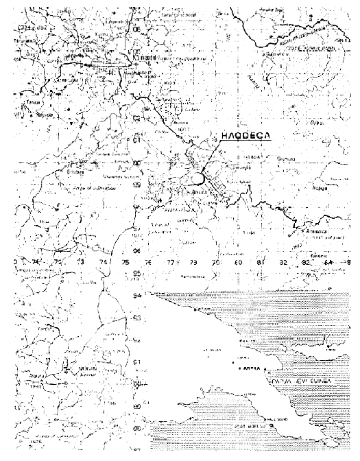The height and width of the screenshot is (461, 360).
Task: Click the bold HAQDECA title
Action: (x=243, y=136)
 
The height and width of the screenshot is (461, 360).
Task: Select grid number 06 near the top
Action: (x=136, y=29)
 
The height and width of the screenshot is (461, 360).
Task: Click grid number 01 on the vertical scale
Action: (x=136, y=141)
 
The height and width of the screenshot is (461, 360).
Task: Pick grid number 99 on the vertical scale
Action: (x=136, y=185)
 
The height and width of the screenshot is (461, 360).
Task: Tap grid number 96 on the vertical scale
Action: (x=136, y=251)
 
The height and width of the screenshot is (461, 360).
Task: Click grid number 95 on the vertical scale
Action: (x=136, y=274)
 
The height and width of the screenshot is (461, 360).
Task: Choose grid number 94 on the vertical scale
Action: (x=136, y=296)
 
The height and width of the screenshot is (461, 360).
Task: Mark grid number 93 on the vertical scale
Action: (x=136, y=318)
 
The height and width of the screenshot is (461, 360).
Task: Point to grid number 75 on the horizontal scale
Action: (x=125, y=262)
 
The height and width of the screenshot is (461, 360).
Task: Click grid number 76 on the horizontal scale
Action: (x=148, y=262)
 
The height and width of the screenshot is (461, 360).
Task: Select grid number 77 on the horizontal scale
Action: (x=171, y=262)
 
